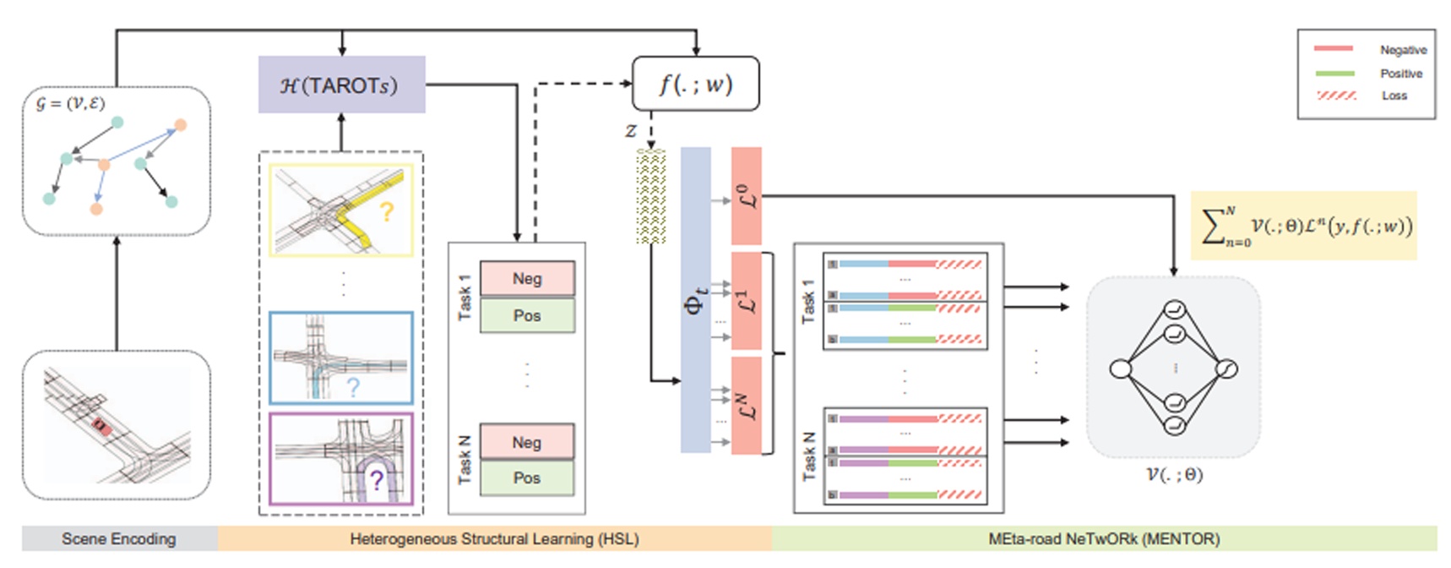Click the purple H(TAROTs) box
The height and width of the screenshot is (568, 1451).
341,85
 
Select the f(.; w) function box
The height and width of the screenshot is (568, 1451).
695,84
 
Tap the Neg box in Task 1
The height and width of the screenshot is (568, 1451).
527,278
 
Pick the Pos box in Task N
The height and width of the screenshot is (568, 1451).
527,478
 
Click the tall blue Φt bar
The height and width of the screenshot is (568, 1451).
695,300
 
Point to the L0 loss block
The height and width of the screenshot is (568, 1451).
746,196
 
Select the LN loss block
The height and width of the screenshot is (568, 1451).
746,406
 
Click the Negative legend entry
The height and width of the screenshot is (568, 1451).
1403,50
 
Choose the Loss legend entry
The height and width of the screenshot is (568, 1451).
1394,96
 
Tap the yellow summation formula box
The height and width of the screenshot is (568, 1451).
1303,226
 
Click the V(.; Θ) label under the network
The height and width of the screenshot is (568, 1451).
1174,474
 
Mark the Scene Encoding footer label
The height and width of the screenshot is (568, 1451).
119,538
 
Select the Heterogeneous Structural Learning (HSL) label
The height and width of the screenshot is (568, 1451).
494,538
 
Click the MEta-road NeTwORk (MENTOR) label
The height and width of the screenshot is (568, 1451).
1104,538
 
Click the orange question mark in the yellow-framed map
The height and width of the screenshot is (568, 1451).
387,211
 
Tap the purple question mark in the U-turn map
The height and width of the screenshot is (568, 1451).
377,481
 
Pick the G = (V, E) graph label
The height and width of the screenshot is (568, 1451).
69,103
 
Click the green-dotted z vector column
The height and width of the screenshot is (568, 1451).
650,197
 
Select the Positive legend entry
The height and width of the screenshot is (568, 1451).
1401,74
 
